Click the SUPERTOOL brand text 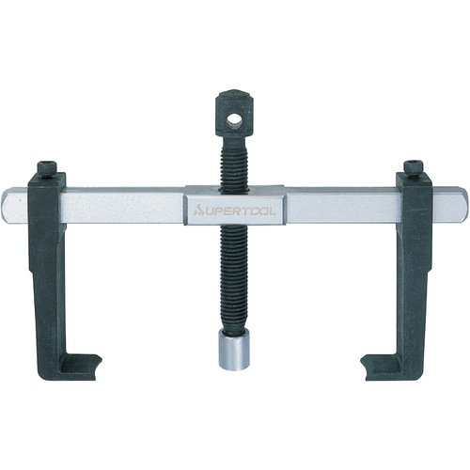tap(235, 212)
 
